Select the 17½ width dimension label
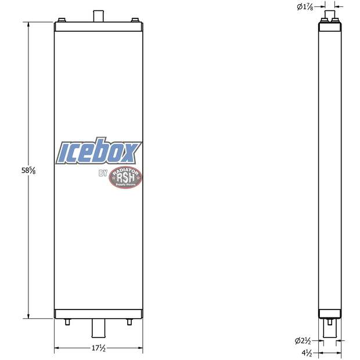[x=98, y=348]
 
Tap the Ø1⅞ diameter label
[x=306, y=7]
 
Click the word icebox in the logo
[x=98, y=152]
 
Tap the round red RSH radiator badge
[x=125, y=177]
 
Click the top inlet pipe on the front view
[x=98, y=15]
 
